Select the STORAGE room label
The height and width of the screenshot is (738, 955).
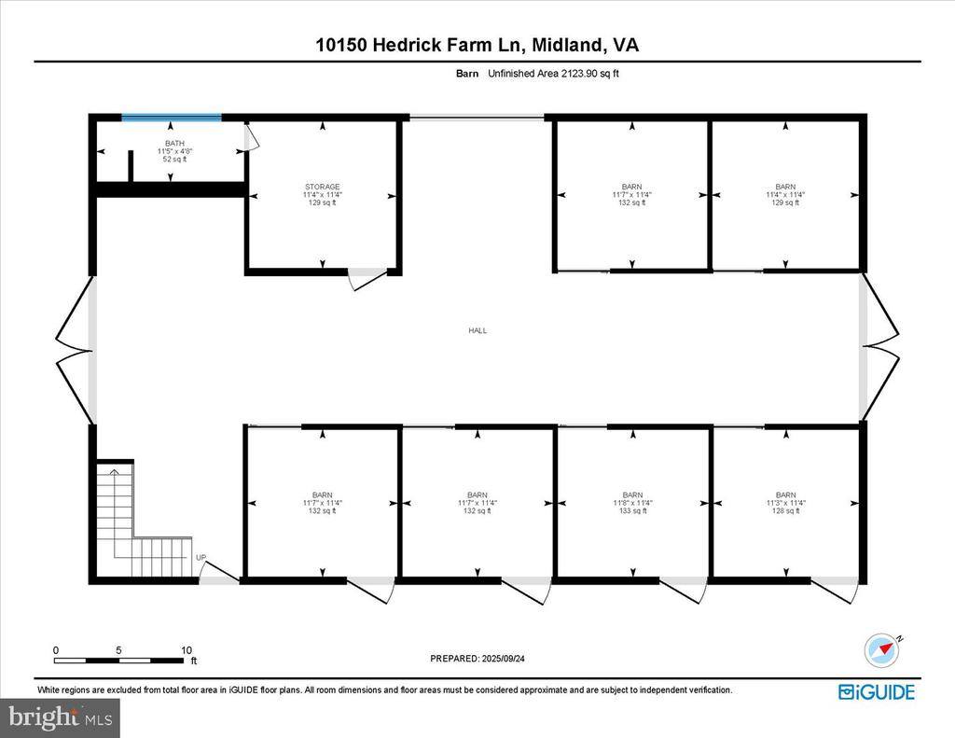pos(322,187)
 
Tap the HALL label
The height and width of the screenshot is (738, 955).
pos(477,330)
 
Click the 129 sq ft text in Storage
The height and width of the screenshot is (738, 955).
pos(322,202)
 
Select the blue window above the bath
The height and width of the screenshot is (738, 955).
pos(172,118)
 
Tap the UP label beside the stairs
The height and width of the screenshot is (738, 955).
pos(201,558)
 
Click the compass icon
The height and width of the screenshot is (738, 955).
pos(881,648)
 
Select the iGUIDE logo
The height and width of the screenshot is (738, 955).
pos(876,691)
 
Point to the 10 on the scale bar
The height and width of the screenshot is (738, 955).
pos(187,650)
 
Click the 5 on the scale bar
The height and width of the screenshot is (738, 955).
pos(119,650)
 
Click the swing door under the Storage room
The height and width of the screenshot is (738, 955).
pos(366,278)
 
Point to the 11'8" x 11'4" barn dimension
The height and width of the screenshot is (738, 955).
pos(632,503)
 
